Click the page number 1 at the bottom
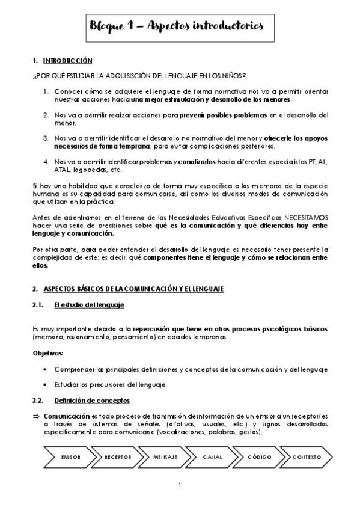tap(180, 485)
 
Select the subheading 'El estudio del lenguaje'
tap(89, 305)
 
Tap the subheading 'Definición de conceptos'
tap(91, 401)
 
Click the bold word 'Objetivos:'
tap(47, 353)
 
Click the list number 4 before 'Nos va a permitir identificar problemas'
tap(46, 162)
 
